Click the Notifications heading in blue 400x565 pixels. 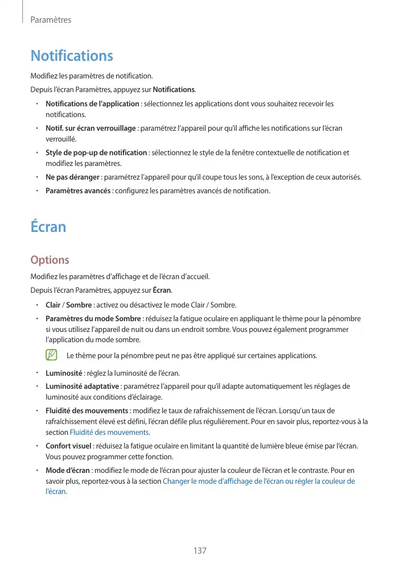(72, 56)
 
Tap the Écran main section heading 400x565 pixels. (48, 227)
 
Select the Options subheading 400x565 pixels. (50, 260)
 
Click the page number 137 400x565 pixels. (200, 551)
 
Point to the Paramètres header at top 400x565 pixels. (51, 20)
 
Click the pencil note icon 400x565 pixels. (52, 355)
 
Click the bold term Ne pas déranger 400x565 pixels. (72, 177)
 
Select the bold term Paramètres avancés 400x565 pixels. (78, 190)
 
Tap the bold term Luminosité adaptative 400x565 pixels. (83, 387)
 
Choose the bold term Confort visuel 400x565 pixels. (68, 446)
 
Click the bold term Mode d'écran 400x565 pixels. (68, 471)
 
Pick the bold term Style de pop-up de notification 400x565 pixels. (96, 152)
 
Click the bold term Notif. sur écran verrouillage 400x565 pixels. (90, 128)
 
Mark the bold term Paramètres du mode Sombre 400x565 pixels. (93, 318)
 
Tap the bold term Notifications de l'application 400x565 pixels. (92, 103)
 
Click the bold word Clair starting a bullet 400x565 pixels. (53, 305)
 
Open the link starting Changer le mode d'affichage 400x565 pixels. (258, 481)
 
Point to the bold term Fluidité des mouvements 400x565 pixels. (86, 410)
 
